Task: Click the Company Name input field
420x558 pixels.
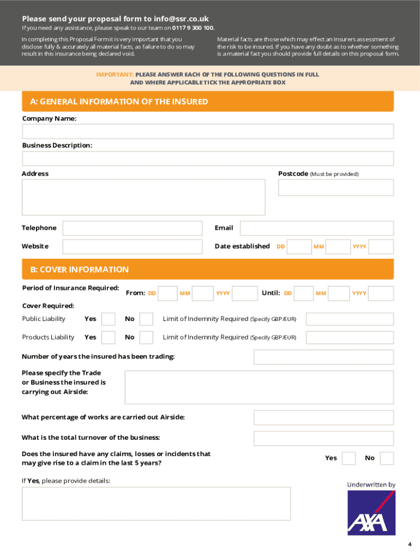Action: pyautogui.click(x=207, y=131)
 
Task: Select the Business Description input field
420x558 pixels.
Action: pyautogui.click(x=207, y=159)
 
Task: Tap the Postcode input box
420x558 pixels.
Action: pyautogui.click(x=335, y=187)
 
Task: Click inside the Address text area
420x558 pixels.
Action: pyautogui.click(x=143, y=197)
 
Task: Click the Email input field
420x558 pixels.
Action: pyautogui.click(x=316, y=228)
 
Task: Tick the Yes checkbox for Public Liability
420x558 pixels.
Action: pyautogui.click(x=109, y=319)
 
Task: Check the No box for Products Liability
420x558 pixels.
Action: pyautogui.click(x=146, y=338)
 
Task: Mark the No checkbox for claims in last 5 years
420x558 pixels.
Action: pyautogui.click(x=387, y=458)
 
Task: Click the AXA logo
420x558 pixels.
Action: pyautogui.click(x=371, y=512)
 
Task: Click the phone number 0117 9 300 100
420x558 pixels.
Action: pyautogui.click(x=193, y=28)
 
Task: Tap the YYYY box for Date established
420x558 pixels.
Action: pyautogui.click(x=381, y=247)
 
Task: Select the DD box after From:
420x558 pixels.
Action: pyautogui.click(x=168, y=294)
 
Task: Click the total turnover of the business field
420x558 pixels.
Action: pyautogui.click(x=323, y=438)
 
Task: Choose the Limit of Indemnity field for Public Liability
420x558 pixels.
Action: pyautogui.click(x=350, y=319)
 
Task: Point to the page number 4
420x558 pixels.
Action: pyautogui.click(x=410, y=544)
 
